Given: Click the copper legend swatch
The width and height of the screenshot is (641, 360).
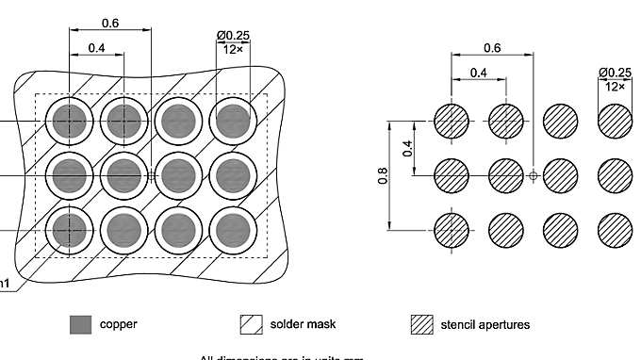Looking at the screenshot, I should [x=81, y=325].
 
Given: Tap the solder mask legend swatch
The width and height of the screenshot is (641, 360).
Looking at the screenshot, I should [x=253, y=325].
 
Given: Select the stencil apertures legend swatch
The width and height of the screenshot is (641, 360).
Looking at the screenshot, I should [x=422, y=325].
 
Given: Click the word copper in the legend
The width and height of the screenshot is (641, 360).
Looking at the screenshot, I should [x=119, y=325].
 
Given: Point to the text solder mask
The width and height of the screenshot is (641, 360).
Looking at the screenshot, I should [x=304, y=325].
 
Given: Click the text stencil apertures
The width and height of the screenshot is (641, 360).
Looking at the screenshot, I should [x=485, y=325].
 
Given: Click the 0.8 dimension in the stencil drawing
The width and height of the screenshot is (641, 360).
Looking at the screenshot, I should [x=384, y=175].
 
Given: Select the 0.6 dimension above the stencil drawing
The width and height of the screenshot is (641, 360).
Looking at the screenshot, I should [x=492, y=47].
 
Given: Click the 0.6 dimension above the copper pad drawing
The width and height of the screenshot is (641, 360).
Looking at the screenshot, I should [x=110, y=23].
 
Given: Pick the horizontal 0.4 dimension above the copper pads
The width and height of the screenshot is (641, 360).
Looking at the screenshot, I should [x=96, y=48].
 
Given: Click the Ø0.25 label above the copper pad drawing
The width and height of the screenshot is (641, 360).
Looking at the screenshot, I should [x=233, y=35].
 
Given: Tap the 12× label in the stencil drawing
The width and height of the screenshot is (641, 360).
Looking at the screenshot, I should [x=616, y=86].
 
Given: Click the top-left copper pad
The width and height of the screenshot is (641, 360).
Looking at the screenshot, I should [x=68, y=122].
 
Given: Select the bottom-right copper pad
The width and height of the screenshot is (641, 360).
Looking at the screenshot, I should [x=232, y=228].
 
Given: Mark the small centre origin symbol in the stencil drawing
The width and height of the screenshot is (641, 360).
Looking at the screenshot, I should [x=534, y=175].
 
